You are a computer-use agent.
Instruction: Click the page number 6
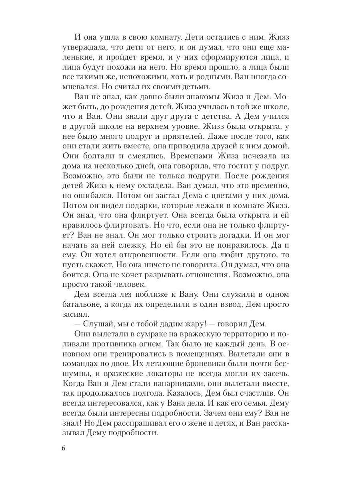pyautogui.click(x=64, y=448)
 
